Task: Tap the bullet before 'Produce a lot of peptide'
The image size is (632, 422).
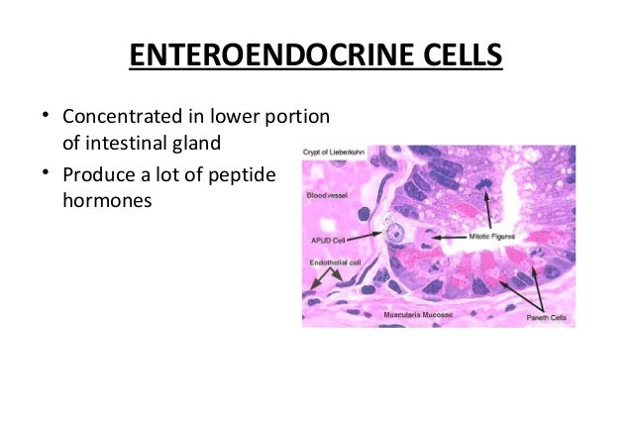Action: pyautogui.click(x=45, y=174)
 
